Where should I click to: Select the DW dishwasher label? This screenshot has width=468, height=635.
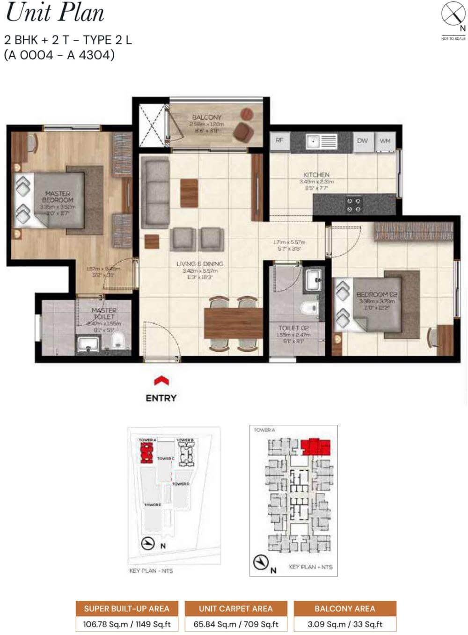pos(362,140)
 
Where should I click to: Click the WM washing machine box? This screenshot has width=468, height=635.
pos(385,141)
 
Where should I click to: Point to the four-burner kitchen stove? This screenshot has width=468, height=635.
pos(353,204)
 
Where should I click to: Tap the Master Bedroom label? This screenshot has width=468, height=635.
pos(58,197)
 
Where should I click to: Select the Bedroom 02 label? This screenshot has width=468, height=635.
pos(377,294)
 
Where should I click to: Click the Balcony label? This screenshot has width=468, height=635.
pos(207,117)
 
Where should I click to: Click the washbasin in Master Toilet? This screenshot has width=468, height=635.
pos(87,344)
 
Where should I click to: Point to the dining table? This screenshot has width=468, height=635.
pos(233,323)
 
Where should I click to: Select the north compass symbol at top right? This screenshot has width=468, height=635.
pos(453,15)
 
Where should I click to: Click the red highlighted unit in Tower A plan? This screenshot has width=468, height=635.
pos(316,447)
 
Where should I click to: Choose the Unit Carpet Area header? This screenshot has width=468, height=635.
pos(235,608)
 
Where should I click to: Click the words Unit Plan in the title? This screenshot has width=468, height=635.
pos(55,13)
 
